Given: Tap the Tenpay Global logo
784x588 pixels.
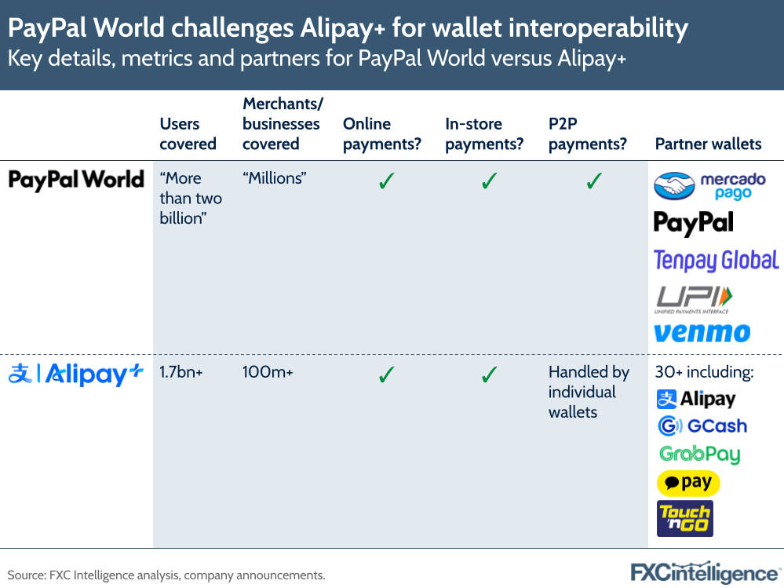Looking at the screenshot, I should (x=716, y=261).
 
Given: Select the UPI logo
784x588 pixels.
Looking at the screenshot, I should (x=694, y=299).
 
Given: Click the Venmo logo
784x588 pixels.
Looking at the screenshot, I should (x=702, y=333).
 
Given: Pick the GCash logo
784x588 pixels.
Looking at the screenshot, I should (x=702, y=426).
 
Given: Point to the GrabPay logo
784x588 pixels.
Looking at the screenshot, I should (x=699, y=455).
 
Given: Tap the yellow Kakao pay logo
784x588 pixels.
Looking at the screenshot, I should (x=688, y=483).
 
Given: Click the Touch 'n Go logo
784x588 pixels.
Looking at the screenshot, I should (x=684, y=518).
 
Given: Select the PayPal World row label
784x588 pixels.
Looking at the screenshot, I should (x=76, y=180).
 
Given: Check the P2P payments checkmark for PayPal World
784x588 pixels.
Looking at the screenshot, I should (x=594, y=181).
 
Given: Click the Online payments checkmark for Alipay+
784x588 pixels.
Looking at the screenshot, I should (x=385, y=375).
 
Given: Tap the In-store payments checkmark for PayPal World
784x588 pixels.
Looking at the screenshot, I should (x=489, y=181).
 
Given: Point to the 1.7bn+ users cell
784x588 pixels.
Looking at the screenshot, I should (x=181, y=372).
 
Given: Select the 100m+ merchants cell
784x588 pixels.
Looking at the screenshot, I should (x=268, y=372).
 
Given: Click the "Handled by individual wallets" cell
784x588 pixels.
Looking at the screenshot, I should (x=589, y=392).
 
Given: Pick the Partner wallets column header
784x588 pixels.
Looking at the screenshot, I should (x=708, y=144).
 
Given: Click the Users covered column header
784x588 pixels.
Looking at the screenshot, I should (x=188, y=133).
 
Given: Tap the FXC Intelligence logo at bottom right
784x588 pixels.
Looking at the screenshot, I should (x=706, y=572).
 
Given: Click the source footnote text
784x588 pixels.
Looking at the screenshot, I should (x=166, y=575).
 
